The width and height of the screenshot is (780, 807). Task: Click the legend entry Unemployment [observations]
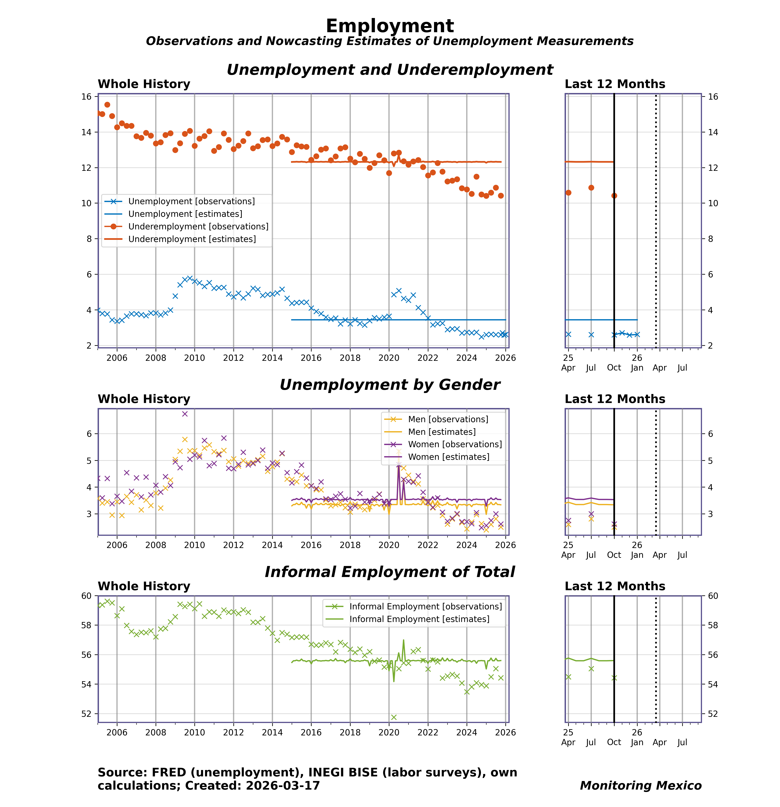(191, 201)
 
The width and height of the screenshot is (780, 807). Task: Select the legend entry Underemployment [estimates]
(192, 239)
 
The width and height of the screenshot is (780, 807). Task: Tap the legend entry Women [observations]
(455, 444)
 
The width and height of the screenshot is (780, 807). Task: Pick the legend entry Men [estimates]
(441, 432)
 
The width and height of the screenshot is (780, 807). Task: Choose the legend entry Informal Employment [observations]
(425, 606)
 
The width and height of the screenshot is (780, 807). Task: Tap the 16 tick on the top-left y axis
(86, 97)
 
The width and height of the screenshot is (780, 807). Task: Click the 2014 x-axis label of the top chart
(272, 358)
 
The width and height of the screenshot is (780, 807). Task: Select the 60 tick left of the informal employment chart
(86, 596)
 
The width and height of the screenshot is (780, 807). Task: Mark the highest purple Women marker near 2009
(185, 414)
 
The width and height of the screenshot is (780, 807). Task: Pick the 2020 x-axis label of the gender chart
(389, 545)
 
